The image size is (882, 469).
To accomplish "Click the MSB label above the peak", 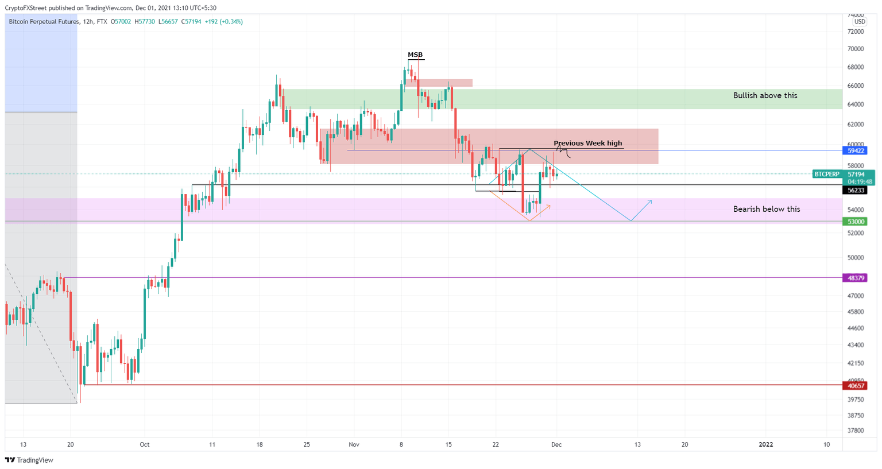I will [415, 55].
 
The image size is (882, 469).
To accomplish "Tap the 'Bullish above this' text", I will [765, 95].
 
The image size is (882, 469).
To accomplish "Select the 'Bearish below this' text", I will [766, 209].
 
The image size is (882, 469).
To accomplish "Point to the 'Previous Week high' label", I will [587, 143].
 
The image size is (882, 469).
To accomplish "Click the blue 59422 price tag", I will [856, 150].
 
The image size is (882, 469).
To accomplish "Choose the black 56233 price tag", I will [856, 190].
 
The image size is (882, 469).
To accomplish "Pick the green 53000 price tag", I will [856, 222].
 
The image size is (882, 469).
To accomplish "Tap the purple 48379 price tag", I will [856, 278].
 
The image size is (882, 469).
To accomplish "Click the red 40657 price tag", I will [856, 386].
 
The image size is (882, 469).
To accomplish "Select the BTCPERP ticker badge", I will [827, 174].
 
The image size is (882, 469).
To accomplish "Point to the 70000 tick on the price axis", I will [856, 49].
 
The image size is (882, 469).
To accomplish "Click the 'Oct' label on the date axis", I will [145, 444].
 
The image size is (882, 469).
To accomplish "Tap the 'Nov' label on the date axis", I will [354, 444].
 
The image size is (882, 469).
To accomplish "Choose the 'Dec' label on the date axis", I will [556, 444].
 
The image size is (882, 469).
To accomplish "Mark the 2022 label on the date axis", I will [766, 444].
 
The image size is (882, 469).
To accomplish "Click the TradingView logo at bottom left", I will [29, 460].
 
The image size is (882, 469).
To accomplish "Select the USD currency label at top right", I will [859, 22].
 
